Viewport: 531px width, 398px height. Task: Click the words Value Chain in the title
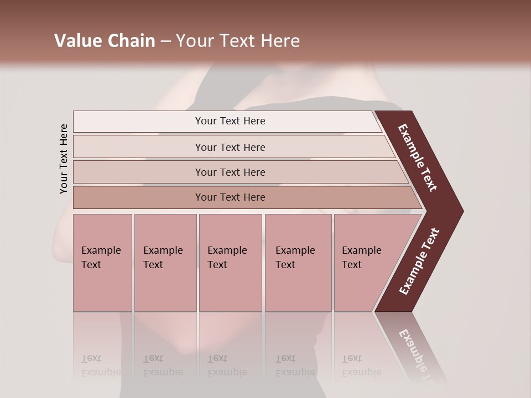pos(105,41)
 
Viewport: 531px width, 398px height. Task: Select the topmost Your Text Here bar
pos(230,121)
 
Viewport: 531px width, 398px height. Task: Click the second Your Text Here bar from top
pos(230,147)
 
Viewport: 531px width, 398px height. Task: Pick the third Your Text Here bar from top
pos(230,172)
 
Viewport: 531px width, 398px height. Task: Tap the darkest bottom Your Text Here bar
pos(230,197)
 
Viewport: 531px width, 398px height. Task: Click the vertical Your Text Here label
pos(64,159)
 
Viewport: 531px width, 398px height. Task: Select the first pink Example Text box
pos(102,262)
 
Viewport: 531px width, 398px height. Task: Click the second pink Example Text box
pos(165,262)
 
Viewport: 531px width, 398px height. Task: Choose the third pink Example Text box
pos(230,262)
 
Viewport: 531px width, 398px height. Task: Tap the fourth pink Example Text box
pos(298,262)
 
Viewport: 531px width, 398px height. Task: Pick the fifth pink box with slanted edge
pos(368,262)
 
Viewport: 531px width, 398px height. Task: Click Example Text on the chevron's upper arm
pos(418,158)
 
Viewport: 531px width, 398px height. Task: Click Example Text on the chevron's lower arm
pos(419,261)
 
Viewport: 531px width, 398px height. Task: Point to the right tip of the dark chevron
pos(462,211)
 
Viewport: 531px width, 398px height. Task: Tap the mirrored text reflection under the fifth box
pos(361,365)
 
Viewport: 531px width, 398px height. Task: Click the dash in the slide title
pos(165,41)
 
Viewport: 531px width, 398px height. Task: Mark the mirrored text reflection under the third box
pos(227,365)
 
